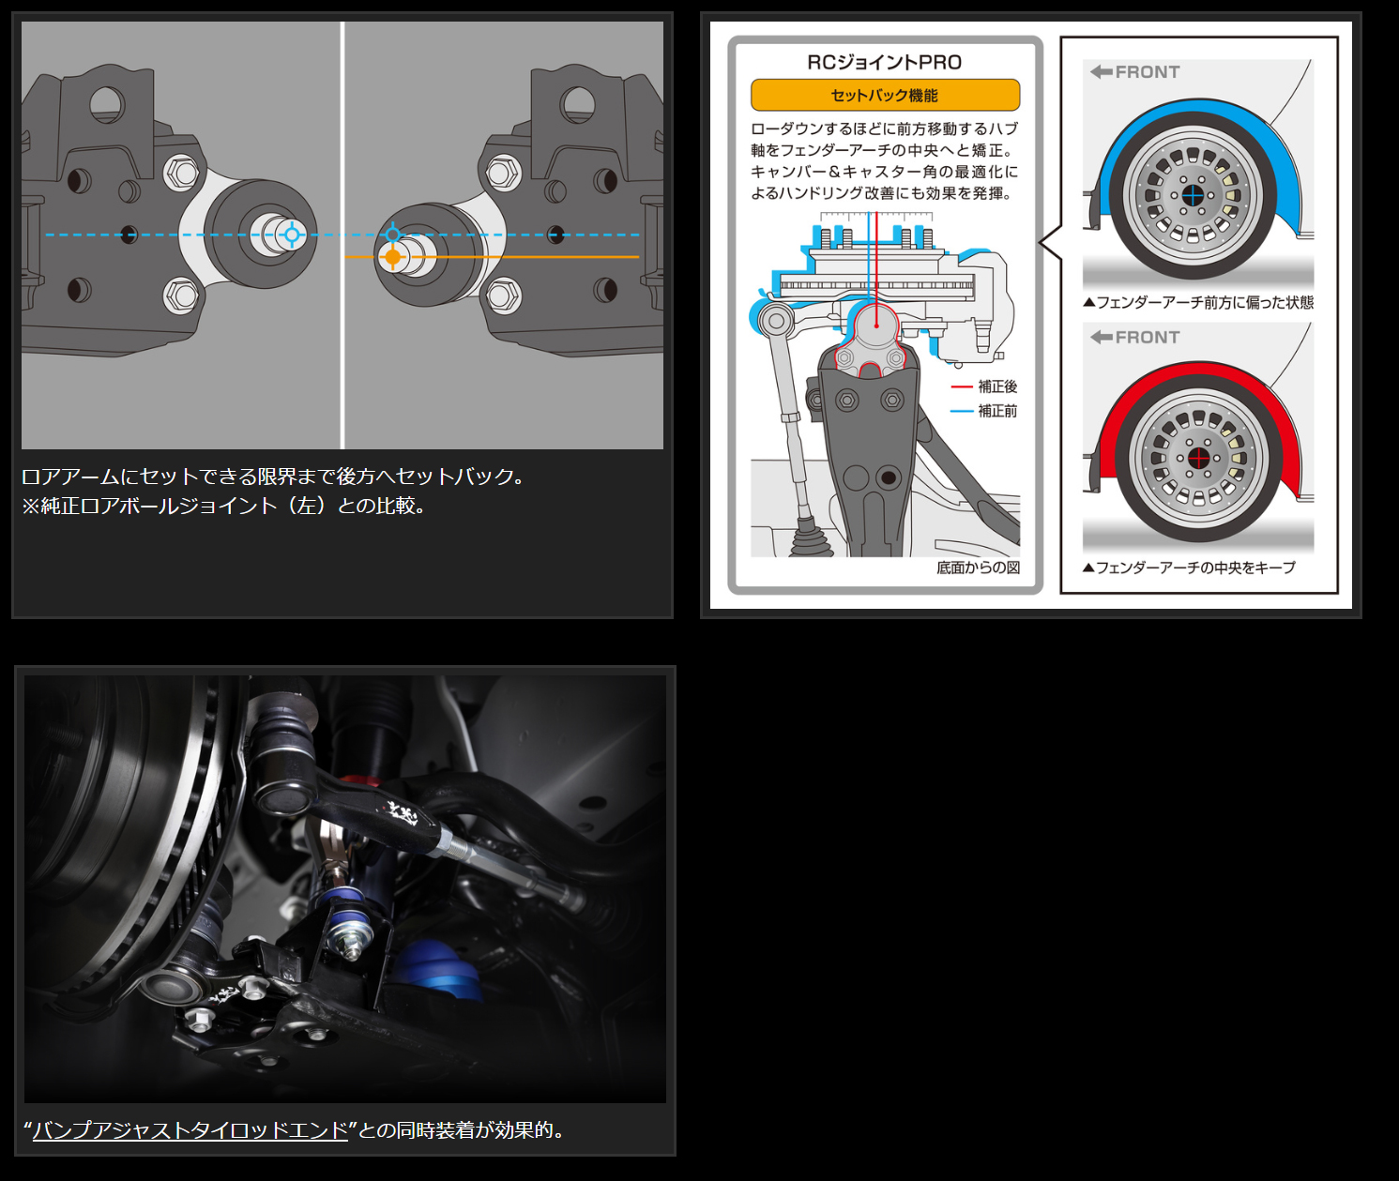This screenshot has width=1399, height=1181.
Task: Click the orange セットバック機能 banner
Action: tap(885, 95)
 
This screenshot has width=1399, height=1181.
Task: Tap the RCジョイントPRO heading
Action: tap(885, 62)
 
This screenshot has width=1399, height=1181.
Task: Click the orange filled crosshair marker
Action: tap(392, 257)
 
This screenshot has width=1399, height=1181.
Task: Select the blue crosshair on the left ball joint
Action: tap(292, 235)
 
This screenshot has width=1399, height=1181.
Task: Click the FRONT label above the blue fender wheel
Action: tap(1135, 71)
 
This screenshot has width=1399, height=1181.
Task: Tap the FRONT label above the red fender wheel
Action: tap(1135, 337)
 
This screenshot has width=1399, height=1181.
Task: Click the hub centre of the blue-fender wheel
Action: tap(1193, 196)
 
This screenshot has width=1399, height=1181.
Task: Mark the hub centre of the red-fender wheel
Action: tap(1198, 459)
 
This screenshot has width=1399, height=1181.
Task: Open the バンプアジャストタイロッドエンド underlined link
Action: tap(190, 1130)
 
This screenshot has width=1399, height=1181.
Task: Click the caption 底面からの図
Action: tap(979, 568)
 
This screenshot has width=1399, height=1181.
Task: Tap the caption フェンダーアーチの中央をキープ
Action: tap(1189, 568)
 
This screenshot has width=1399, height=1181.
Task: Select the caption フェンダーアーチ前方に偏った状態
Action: tap(1198, 302)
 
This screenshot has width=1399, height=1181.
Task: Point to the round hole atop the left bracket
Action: tap(107, 104)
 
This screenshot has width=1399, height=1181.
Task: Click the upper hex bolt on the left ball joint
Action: tap(180, 173)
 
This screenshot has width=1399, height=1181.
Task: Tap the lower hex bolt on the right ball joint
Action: tap(503, 295)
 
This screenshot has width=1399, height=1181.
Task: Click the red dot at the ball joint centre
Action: tap(876, 326)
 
